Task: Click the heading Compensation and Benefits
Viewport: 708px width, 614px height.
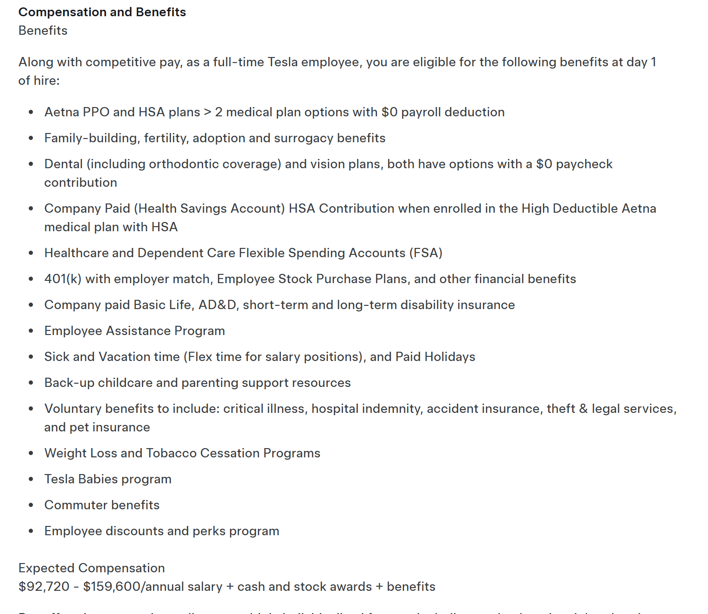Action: point(102,12)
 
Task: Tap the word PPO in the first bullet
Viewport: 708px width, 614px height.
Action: point(96,112)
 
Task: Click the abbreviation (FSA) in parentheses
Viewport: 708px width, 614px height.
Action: point(426,253)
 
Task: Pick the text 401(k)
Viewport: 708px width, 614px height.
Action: point(63,279)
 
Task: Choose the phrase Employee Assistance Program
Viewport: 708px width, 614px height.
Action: point(134,331)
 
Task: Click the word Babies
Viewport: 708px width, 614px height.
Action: point(98,479)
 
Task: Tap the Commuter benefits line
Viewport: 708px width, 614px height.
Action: point(102,505)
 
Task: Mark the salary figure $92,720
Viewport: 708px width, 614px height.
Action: point(44,587)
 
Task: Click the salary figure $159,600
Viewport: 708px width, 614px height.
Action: point(112,587)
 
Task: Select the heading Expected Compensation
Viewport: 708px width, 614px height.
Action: point(92,568)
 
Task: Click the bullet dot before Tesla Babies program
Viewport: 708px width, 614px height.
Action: point(31,479)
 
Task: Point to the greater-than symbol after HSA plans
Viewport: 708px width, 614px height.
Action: point(207,113)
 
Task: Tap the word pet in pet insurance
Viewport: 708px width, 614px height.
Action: point(79,427)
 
